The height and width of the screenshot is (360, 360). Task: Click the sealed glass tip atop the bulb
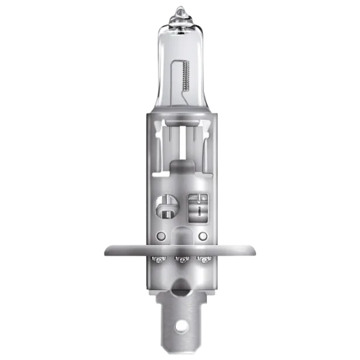[180, 11]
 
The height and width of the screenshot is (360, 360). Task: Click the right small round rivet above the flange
[202, 234]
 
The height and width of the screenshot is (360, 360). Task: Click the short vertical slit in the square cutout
[197, 209]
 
